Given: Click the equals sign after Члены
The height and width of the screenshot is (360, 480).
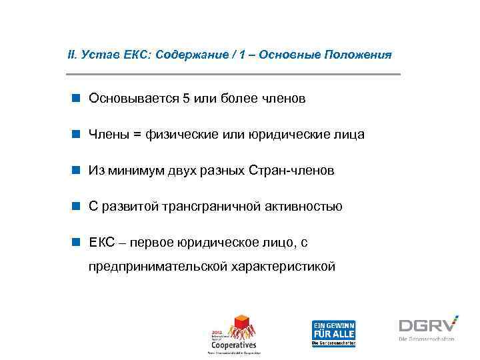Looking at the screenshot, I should pos(137,135).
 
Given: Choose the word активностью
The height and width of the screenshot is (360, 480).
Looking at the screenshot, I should pos(305,207).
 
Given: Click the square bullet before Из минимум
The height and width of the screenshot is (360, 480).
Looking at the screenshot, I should pos(77,171).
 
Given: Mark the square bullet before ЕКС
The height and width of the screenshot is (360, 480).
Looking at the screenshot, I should pos(77,243).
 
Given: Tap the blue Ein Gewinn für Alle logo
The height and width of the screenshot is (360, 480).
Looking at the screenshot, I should pos(333,332).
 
